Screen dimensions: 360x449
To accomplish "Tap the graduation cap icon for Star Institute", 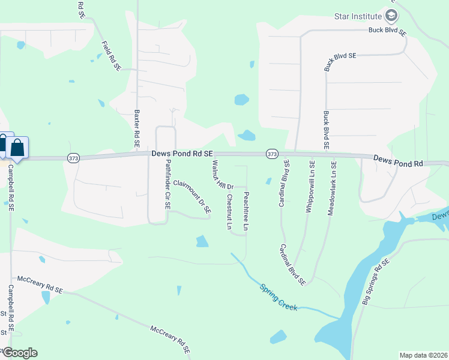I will coord(391,15).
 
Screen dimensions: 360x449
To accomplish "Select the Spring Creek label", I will coord(279,296).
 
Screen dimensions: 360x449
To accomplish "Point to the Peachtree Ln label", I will coord(246,211).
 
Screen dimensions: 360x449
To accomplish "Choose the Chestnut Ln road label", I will coord(229,211).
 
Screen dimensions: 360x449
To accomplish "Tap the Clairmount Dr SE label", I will coord(192,197).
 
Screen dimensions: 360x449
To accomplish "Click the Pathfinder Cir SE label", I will coord(169,184).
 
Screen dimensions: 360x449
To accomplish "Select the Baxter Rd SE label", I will coord(137,128).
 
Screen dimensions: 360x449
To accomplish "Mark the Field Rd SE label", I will coord(112,56).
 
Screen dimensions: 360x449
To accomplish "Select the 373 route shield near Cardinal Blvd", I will coord(271,154).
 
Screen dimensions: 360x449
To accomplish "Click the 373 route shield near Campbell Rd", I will coord(73,158).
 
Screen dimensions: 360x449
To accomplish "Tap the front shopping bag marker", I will coord(17,148).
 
